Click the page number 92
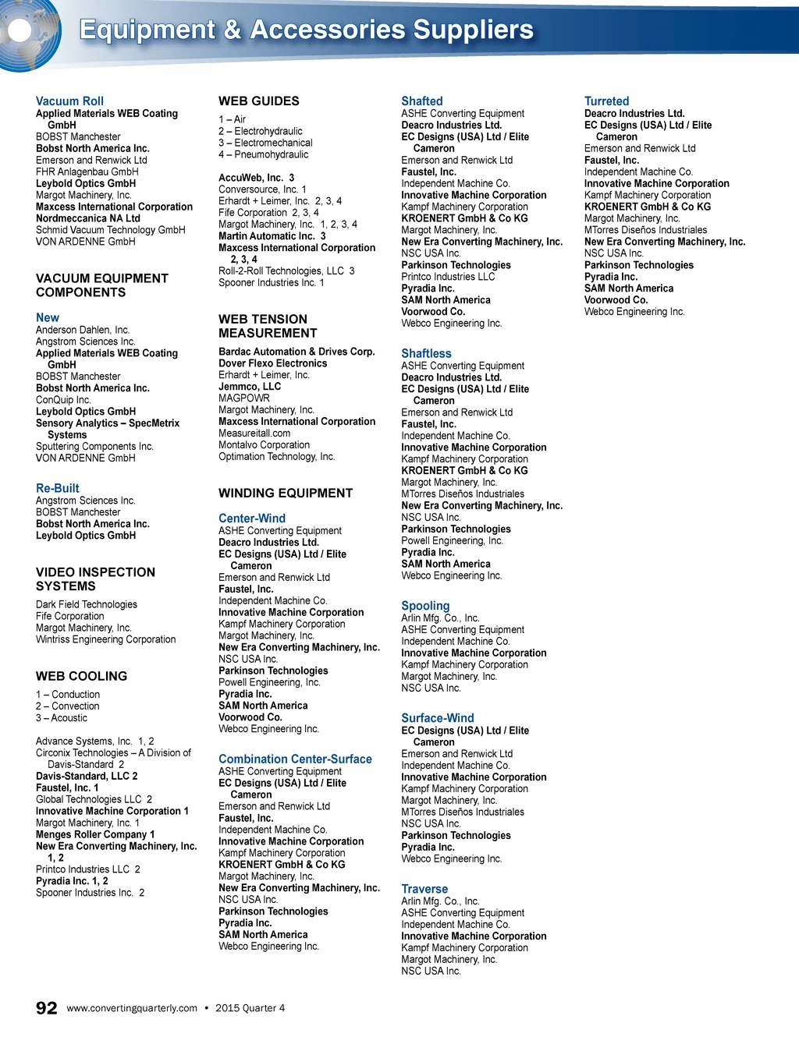[46, 1007]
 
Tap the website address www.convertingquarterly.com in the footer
[132, 1008]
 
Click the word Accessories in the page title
[328, 30]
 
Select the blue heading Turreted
[606, 101]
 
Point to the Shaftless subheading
[426, 353]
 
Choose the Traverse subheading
[424, 889]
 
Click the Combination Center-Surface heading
[295, 759]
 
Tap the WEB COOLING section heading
[81, 676]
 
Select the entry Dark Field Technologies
[87, 604]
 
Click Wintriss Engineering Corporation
[106, 639]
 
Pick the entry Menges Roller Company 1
[95, 834]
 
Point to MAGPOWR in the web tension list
[244, 398]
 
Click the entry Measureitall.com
[254, 434]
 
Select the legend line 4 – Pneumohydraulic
[263, 154]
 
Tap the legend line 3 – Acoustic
[62, 718]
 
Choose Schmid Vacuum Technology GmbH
[111, 230]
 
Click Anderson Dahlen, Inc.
[83, 330]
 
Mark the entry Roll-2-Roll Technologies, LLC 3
[286, 271]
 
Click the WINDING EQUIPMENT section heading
[286, 493]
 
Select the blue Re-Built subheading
[58, 488]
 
